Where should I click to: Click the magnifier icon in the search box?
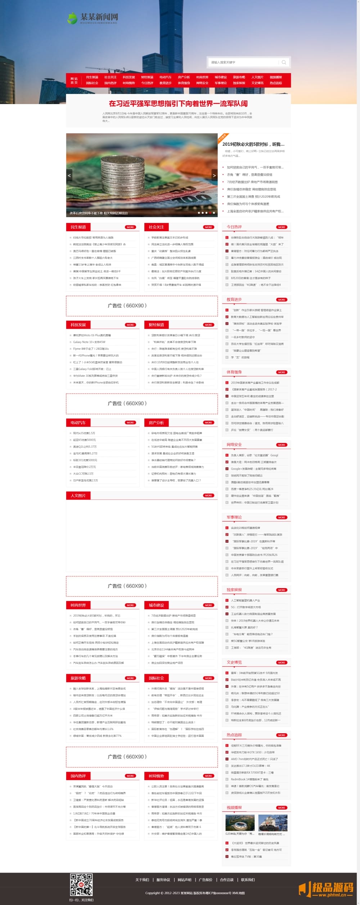coord(284,62)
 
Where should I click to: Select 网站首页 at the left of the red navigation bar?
coord(74,80)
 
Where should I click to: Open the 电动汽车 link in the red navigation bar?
coord(165,77)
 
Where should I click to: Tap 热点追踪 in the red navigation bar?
coord(276,83)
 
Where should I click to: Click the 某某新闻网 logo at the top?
coord(93,18)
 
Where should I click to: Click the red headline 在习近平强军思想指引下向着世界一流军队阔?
coord(178,104)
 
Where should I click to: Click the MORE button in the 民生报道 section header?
coord(130,227)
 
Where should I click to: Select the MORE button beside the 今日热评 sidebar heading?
coord(282,227)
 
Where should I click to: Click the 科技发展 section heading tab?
coord(78,325)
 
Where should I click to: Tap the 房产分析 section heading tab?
coord(156,423)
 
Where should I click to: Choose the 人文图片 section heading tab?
coord(78,496)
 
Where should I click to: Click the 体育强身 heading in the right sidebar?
coord(234,372)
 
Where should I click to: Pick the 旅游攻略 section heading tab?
coord(78,678)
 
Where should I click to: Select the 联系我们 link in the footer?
coord(248,880)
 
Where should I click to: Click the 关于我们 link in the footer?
coord(142,880)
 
